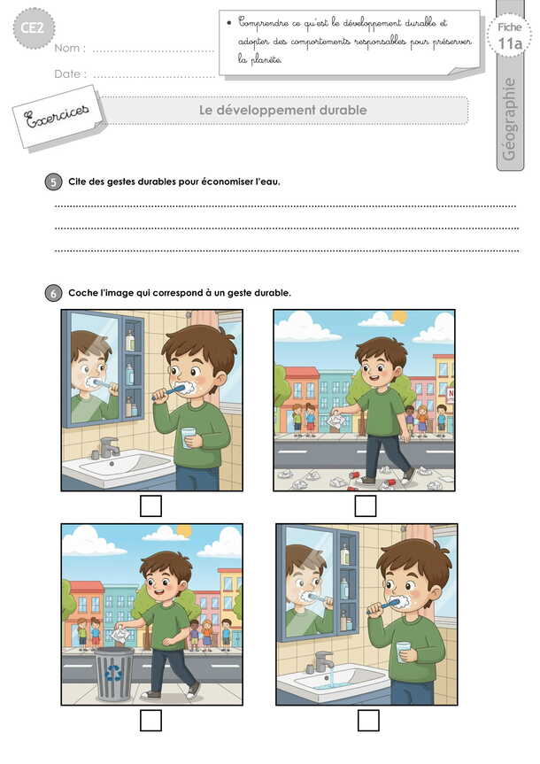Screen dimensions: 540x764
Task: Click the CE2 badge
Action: (33, 27)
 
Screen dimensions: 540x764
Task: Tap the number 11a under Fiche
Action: (510, 44)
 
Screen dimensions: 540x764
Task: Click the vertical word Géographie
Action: (508, 119)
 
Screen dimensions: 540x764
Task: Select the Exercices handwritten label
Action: (57, 116)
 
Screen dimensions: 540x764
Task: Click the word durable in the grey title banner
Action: (343, 110)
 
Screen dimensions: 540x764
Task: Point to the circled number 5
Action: (54, 182)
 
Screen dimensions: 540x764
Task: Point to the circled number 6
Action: (54, 293)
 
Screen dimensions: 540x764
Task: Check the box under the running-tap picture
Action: (368, 720)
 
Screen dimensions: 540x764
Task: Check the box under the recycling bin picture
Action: (150, 720)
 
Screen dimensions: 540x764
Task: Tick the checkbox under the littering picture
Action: (365, 505)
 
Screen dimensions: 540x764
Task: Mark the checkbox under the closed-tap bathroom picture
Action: (150, 505)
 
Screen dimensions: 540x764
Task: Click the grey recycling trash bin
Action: (114, 674)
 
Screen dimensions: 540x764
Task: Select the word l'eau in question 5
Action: (267, 181)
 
